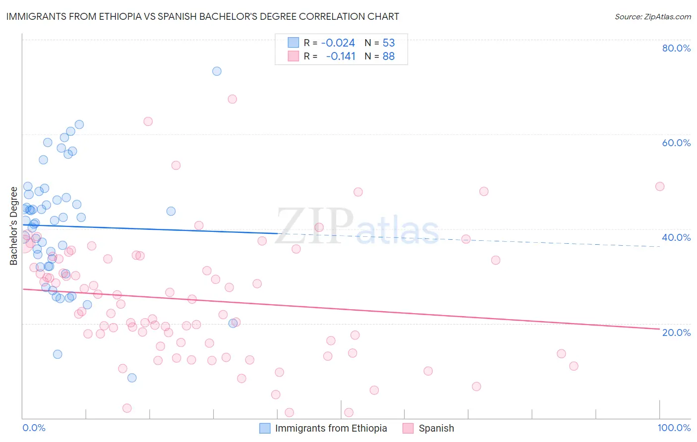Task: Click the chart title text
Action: (x=202, y=16)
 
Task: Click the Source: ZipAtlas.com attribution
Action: (x=652, y=17)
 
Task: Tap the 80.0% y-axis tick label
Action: (x=676, y=48)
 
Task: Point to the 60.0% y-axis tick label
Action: (x=676, y=143)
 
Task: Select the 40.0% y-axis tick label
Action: (x=676, y=237)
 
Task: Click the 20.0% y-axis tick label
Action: (x=676, y=332)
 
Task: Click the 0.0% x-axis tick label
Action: (x=34, y=428)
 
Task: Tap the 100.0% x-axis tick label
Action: (x=674, y=428)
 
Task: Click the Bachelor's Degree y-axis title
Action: (x=14, y=226)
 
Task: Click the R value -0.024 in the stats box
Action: (x=338, y=43)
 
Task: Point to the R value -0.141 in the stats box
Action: (x=341, y=56)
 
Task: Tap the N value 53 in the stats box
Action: (x=389, y=43)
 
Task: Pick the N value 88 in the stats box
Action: (x=389, y=56)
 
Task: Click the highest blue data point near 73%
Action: (x=217, y=71)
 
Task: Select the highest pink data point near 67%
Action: (x=232, y=99)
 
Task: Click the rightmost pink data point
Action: (x=659, y=186)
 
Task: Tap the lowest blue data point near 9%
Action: (x=132, y=378)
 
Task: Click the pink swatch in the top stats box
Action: (x=293, y=56)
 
